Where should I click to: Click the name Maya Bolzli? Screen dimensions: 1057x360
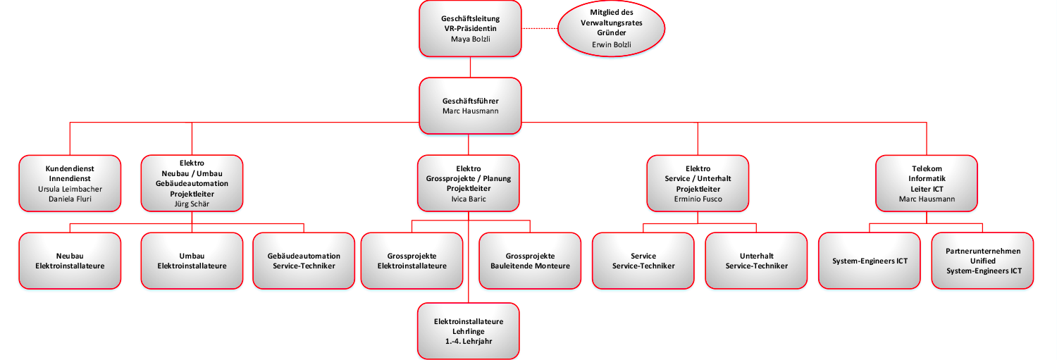tap(470, 39)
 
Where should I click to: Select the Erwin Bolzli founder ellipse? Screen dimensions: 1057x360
tap(611, 28)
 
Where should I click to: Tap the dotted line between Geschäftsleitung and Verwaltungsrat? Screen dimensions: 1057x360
tap(539, 28)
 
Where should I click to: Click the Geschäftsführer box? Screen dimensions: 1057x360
tap(470, 106)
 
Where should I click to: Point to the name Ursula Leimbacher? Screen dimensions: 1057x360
tap(70, 190)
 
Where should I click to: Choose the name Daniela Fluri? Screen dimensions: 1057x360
tap(70, 199)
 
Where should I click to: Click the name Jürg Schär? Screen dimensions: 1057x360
tap(192, 204)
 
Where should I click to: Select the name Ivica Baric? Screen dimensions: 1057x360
tap(468, 199)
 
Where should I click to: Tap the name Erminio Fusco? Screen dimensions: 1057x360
tap(698, 199)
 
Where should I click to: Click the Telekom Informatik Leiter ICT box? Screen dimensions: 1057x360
tap(927, 183)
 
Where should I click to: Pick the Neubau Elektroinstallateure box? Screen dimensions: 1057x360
tap(70, 261)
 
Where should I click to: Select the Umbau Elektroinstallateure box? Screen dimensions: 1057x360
tap(192, 261)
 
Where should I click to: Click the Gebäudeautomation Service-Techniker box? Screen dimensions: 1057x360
tap(304, 261)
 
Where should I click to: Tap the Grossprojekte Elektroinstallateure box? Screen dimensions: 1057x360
tap(412, 261)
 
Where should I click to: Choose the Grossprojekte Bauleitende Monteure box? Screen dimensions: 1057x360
tap(530, 261)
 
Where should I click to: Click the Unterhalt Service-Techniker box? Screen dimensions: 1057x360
tap(756, 261)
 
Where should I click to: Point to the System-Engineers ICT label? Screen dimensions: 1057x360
tap(870, 261)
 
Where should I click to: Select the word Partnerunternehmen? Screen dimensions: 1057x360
tap(983, 251)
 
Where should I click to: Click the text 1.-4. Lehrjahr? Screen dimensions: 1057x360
tap(468, 341)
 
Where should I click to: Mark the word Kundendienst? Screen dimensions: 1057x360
tap(70, 169)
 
